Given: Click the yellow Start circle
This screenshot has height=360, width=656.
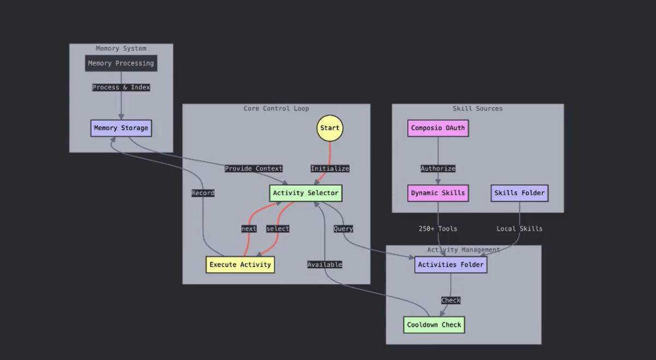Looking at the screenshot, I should click(330, 128).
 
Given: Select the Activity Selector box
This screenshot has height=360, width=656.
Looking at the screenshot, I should click(306, 193).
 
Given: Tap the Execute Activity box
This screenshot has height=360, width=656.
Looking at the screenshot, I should click(240, 265).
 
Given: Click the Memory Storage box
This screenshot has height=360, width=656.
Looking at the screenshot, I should click(121, 128).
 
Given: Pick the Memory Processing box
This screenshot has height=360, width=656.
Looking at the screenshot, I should click(121, 63).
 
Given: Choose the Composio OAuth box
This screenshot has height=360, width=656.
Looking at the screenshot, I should click(438, 128).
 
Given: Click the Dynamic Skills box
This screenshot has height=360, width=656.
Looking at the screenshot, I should click(438, 193).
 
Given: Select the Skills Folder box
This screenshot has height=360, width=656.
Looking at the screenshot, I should click(519, 193).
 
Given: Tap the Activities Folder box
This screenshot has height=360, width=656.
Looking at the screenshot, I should click(450, 265).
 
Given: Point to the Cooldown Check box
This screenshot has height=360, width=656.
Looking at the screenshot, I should click(434, 325).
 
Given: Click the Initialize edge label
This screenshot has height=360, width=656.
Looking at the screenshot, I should click(330, 168).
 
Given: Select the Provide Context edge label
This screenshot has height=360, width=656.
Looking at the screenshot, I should click(254, 168).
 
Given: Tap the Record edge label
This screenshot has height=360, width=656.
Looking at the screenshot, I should click(203, 193).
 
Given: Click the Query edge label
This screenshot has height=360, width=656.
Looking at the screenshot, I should click(343, 228).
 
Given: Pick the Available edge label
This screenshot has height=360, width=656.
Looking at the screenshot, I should click(325, 264).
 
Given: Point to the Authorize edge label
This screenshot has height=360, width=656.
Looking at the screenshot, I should click(438, 168).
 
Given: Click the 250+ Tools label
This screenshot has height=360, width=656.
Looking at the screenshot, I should click(438, 228).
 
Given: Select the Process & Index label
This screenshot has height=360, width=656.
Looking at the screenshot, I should click(121, 87).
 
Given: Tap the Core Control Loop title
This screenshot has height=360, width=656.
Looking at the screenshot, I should click(276, 109).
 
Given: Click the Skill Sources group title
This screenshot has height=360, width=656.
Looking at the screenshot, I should click(477, 109).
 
